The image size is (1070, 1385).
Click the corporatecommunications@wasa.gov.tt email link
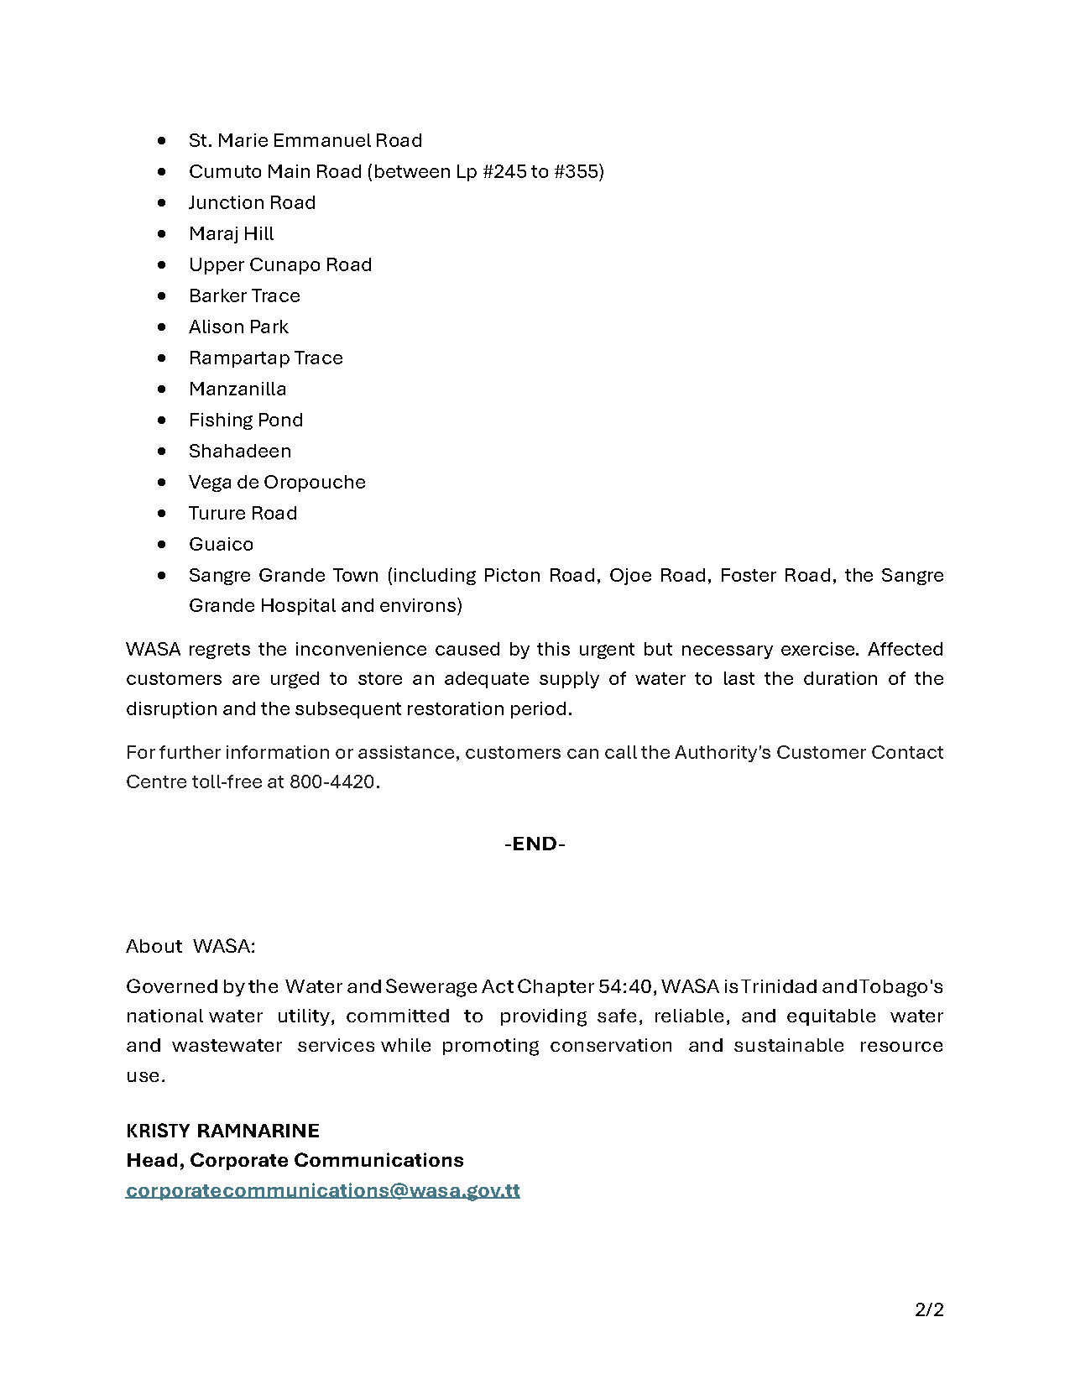tap(322, 1190)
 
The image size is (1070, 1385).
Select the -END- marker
tap(535, 844)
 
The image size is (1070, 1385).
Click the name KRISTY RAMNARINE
tap(222, 1131)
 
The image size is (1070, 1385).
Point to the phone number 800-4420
tap(332, 781)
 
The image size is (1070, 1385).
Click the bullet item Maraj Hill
tap(231, 233)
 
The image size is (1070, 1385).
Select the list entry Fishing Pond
tap(245, 420)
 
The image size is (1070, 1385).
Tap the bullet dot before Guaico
tap(162, 544)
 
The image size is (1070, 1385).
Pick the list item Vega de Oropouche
tap(277, 482)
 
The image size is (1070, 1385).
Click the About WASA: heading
tap(191, 946)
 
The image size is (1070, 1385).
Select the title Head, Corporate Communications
tap(295, 1160)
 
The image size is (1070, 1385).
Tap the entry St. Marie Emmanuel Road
tap(305, 140)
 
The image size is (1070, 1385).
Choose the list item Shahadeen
tap(239, 451)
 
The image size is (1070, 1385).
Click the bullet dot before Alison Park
tap(162, 327)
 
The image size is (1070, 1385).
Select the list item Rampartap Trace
tap(265, 358)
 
